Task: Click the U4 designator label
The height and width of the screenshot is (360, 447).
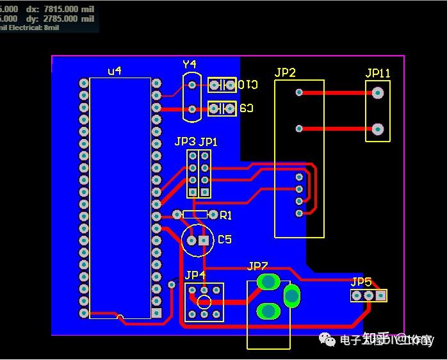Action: pyautogui.click(x=115, y=71)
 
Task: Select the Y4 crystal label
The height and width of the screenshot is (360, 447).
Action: pyautogui.click(x=190, y=64)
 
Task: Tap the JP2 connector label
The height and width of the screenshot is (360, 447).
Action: pyautogui.click(x=285, y=72)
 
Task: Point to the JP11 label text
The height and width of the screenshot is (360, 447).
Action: pyautogui.click(x=378, y=73)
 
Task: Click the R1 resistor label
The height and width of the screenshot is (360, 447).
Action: pyautogui.click(x=226, y=216)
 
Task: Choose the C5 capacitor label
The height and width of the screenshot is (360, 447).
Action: pyautogui.click(x=225, y=240)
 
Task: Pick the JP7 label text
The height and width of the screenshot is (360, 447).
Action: pyautogui.click(x=257, y=266)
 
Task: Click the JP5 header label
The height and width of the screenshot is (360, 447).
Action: pyautogui.click(x=361, y=282)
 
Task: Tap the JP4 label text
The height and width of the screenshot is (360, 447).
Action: pyautogui.click(x=195, y=275)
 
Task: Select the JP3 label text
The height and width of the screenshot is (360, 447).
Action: pyautogui.click(x=185, y=142)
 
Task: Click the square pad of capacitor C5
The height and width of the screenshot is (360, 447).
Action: pyautogui.click(x=204, y=240)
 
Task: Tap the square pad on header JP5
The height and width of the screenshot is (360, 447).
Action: pyautogui.click(x=380, y=295)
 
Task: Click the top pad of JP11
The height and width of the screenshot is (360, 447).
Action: pyautogui.click(x=378, y=93)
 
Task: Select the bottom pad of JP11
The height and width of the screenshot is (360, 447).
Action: pyautogui.click(x=378, y=129)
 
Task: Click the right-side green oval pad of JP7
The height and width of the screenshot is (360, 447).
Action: pyautogui.click(x=291, y=295)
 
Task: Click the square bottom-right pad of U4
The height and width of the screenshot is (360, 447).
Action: pyautogui.click(x=156, y=313)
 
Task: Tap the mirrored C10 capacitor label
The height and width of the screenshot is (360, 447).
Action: pyautogui.click(x=248, y=85)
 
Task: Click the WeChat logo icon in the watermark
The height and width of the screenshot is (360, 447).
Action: pyautogui.click(x=328, y=340)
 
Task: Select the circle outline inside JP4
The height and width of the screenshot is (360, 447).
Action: pyautogui.click(x=204, y=302)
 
